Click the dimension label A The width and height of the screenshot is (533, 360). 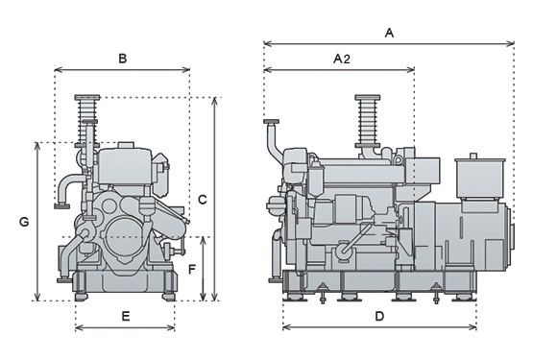click(x=389, y=33)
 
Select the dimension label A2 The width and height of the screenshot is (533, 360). click(x=342, y=60)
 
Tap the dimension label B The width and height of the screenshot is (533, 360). click(x=122, y=59)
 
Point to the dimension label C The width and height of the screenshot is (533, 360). click(x=203, y=200)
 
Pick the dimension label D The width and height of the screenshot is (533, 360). click(x=379, y=316)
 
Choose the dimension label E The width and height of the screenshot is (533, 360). click(x=126, y=317)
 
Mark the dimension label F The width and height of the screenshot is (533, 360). click(x=192, y=270)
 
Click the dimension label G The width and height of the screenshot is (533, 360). click(x=24, y=222)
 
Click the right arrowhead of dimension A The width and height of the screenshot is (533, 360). click(x=511, y=43)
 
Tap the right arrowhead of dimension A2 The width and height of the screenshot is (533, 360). click(x=411, y=70)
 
